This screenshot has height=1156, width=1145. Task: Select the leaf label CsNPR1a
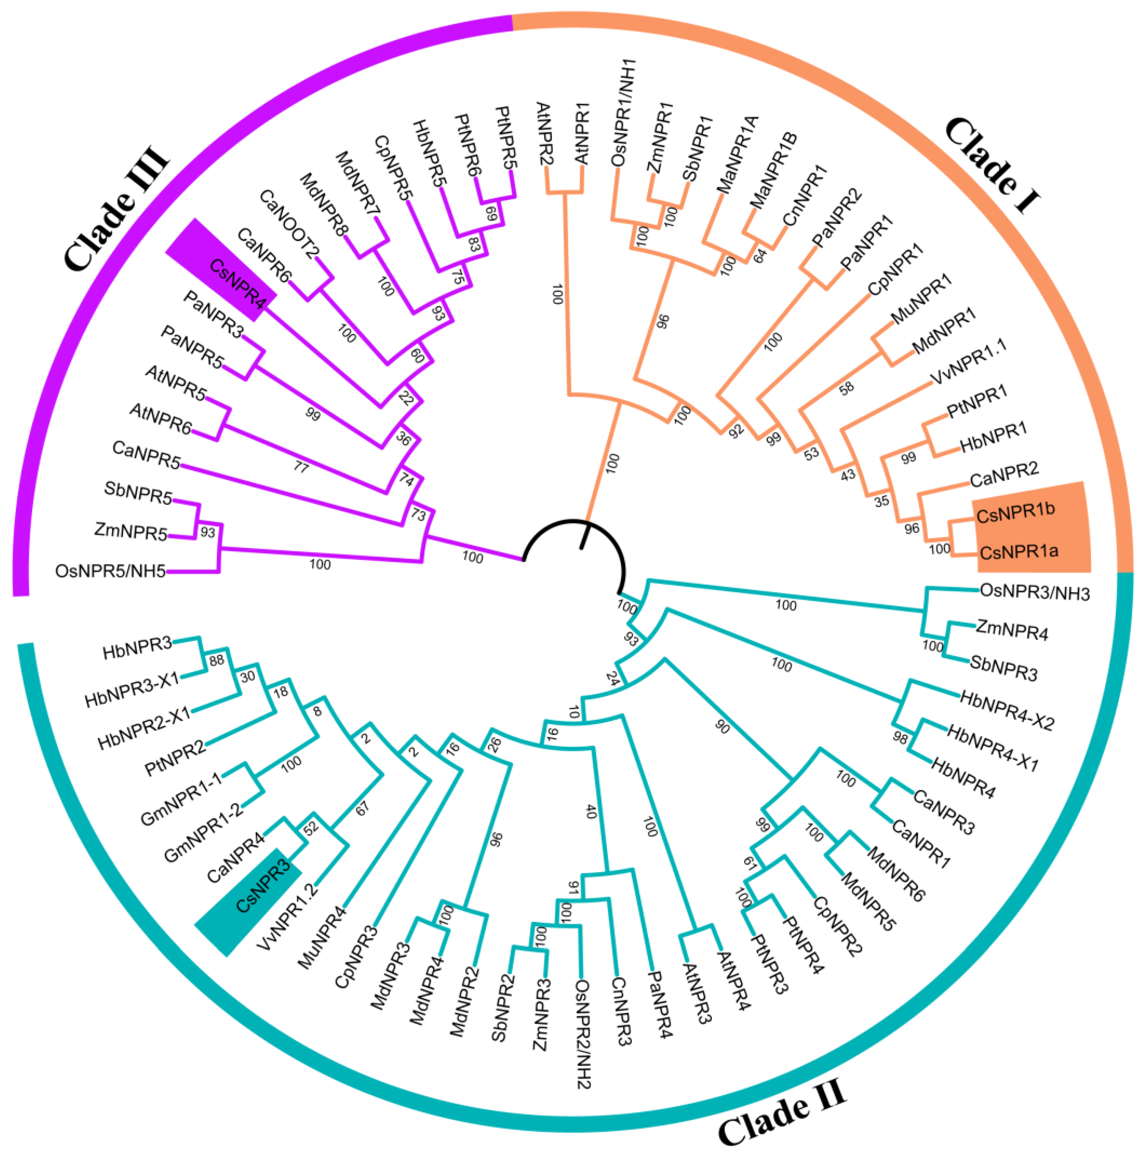1019,551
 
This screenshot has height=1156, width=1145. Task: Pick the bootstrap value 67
362,808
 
